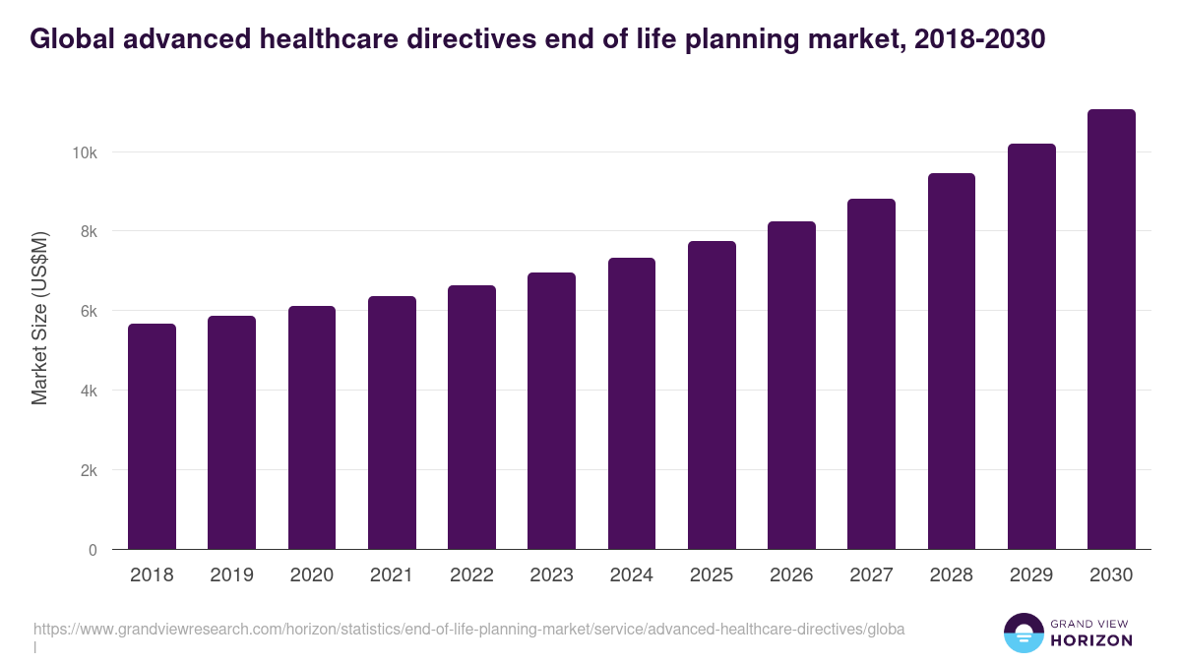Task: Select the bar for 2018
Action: click(152, 437)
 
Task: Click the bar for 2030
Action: click(1111, 330)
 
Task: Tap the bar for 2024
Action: click(631, 403)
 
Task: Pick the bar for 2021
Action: click(392, 423)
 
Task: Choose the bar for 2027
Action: click(871, 374)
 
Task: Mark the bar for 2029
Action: click(1031, 346)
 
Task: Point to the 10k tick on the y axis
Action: click(84, 152)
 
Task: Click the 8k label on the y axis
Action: click(88, 232)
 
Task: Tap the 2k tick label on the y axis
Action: click(88, 470)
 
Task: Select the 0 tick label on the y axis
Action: click(93, 550)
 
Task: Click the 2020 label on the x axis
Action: click(311, 575)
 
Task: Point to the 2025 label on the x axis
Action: click(712, 575)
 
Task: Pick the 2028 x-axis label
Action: click(952, 575)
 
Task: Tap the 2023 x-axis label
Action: click(551, 575)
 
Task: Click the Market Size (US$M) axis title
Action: click(39, 319)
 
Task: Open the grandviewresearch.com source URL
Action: click(468, 629)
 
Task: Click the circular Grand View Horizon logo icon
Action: click(1023, 633)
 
